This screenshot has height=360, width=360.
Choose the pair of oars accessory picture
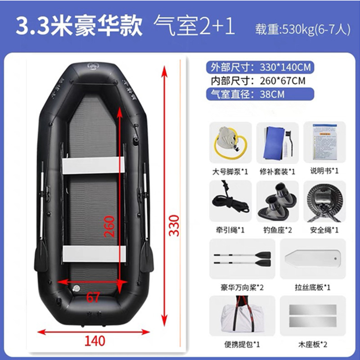[242, 258]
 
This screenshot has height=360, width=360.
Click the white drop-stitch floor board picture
[312, 259]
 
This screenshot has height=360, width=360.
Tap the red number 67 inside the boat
[93, 297]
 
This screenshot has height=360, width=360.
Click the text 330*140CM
[285, 68]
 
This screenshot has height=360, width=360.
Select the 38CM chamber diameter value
[271, 94]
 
